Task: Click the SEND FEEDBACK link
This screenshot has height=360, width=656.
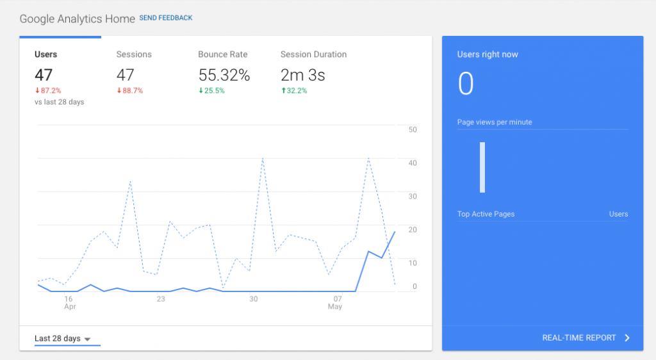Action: point(165,18)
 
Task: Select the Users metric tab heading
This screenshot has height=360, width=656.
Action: point(45,54)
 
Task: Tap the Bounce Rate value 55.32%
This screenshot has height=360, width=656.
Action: point(224,75)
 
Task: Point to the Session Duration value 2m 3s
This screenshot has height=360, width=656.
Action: point(302,75)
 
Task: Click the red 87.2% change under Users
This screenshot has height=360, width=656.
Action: point(48,91)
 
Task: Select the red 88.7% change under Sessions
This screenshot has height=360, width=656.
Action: point(130,91)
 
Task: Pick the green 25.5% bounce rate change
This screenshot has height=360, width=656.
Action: point(212,91)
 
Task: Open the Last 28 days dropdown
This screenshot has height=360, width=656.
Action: point(63,338)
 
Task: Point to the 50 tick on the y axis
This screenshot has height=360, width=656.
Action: point(413,129)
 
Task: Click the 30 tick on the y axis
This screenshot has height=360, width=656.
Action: point(413,196)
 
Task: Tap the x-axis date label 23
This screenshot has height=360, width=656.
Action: point(161,299)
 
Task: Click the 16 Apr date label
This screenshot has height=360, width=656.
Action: point(69,302)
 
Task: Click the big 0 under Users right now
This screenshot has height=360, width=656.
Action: point(466,84)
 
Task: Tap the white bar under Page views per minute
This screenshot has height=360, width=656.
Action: point(482,167)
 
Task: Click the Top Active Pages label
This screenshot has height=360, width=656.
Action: point(486,214)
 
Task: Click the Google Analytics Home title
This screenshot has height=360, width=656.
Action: point(77,19)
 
